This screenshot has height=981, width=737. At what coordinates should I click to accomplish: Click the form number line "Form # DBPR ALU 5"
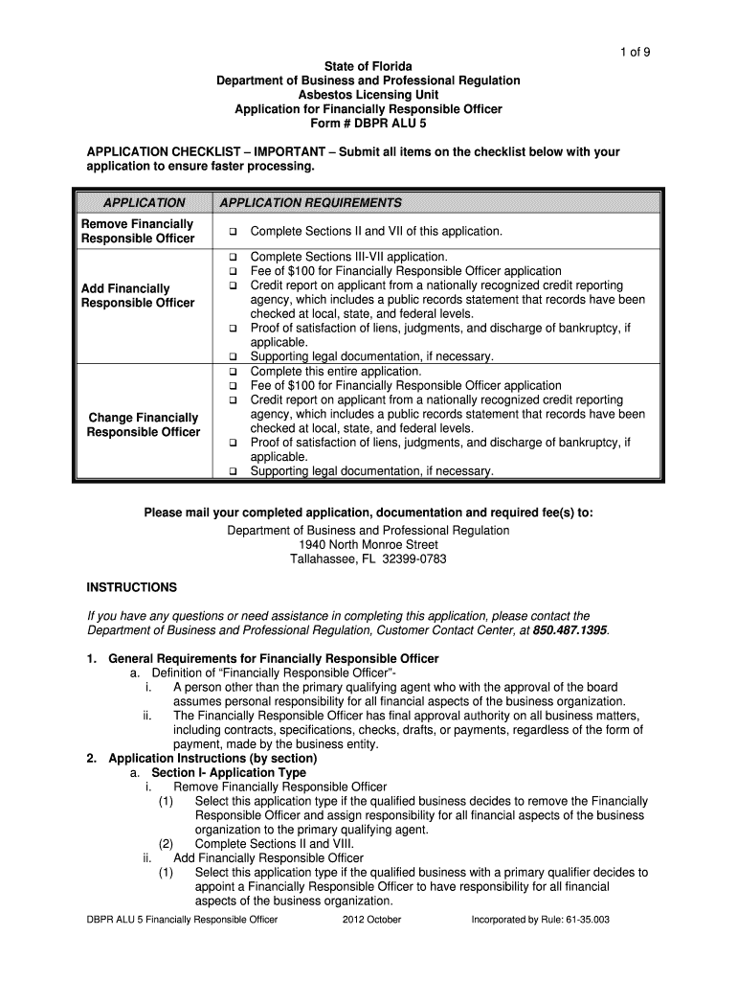coord(368,124)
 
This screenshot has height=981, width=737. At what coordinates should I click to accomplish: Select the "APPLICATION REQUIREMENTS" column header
coord(311,203)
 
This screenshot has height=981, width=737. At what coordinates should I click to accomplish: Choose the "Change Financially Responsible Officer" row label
coord(144,424)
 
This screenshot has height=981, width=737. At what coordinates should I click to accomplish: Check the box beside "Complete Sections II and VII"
coord(232,233)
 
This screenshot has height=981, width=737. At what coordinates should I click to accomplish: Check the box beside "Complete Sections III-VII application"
coord(232,258)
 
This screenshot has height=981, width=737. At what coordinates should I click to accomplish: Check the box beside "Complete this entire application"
coord(232,372)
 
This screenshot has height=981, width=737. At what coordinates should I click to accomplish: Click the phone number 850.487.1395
coord(569,630)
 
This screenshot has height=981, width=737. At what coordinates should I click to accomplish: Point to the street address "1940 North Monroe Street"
coord(368,544)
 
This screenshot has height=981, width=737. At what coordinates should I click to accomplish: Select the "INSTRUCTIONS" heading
coord(132,587)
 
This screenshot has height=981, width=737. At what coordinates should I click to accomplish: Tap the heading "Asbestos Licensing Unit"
coord(368,95)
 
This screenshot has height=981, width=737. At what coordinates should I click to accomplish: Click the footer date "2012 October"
coord(371,920)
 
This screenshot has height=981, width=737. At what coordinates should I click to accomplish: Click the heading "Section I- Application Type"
coord(229,772)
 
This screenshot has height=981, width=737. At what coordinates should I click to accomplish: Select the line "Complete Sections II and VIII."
coord(274,844)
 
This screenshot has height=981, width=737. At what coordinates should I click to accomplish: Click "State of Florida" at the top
coord(368,66)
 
